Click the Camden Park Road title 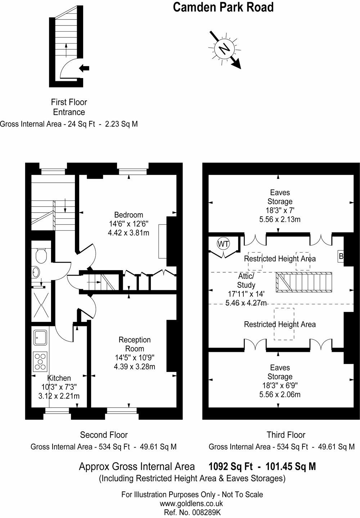[223, 7]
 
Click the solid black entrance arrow [84, 68]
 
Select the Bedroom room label [129, 215]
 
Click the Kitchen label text [59, 378]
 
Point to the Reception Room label [135, 344]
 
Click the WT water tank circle [223, 244]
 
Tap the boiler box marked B [341, 256]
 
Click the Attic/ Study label [246, 281]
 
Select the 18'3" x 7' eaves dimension [280, 210]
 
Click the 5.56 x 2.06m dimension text [280, 395]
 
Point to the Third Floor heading [286, 435]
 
